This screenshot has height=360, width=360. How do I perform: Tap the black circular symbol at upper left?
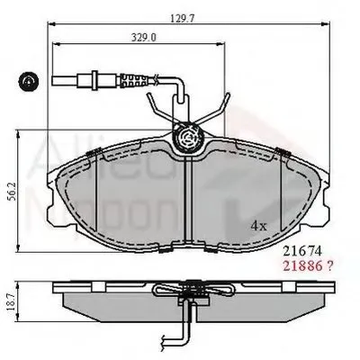click(28, 84)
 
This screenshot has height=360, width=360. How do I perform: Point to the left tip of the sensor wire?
click(55, 84)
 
